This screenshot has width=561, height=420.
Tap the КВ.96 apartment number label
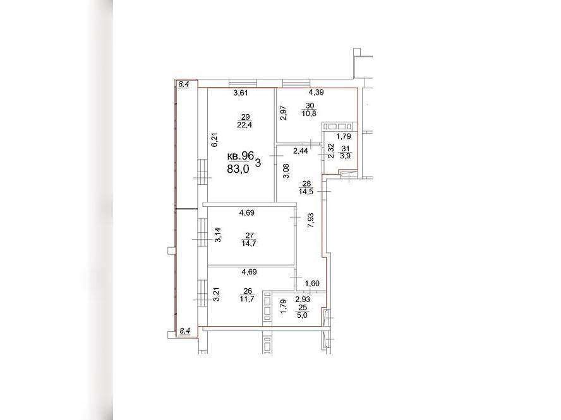coord(241,156)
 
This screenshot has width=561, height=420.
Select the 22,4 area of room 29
coord(244,125)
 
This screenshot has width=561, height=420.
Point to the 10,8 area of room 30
coord(310,114)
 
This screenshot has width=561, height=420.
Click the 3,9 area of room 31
coord(346,156)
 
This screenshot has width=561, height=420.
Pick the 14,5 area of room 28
coord(306,192)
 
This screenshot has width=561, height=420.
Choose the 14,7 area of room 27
coord(250,243)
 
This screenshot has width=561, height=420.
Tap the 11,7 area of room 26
coord(247,299)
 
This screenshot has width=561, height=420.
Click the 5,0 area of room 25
coord(303,315)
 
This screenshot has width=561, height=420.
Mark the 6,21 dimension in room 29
coord(215,139)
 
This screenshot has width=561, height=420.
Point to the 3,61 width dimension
coord(241,93)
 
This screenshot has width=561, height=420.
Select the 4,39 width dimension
coord(317,92)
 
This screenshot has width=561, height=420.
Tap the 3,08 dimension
coord(286,171)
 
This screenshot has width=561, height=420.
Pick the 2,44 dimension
coord(301,151)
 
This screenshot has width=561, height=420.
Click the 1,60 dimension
coord(312,284)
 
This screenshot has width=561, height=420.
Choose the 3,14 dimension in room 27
coord(217,235)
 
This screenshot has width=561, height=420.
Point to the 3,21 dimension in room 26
coord(216,295)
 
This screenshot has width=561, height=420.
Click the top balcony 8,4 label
coord(184,85)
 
